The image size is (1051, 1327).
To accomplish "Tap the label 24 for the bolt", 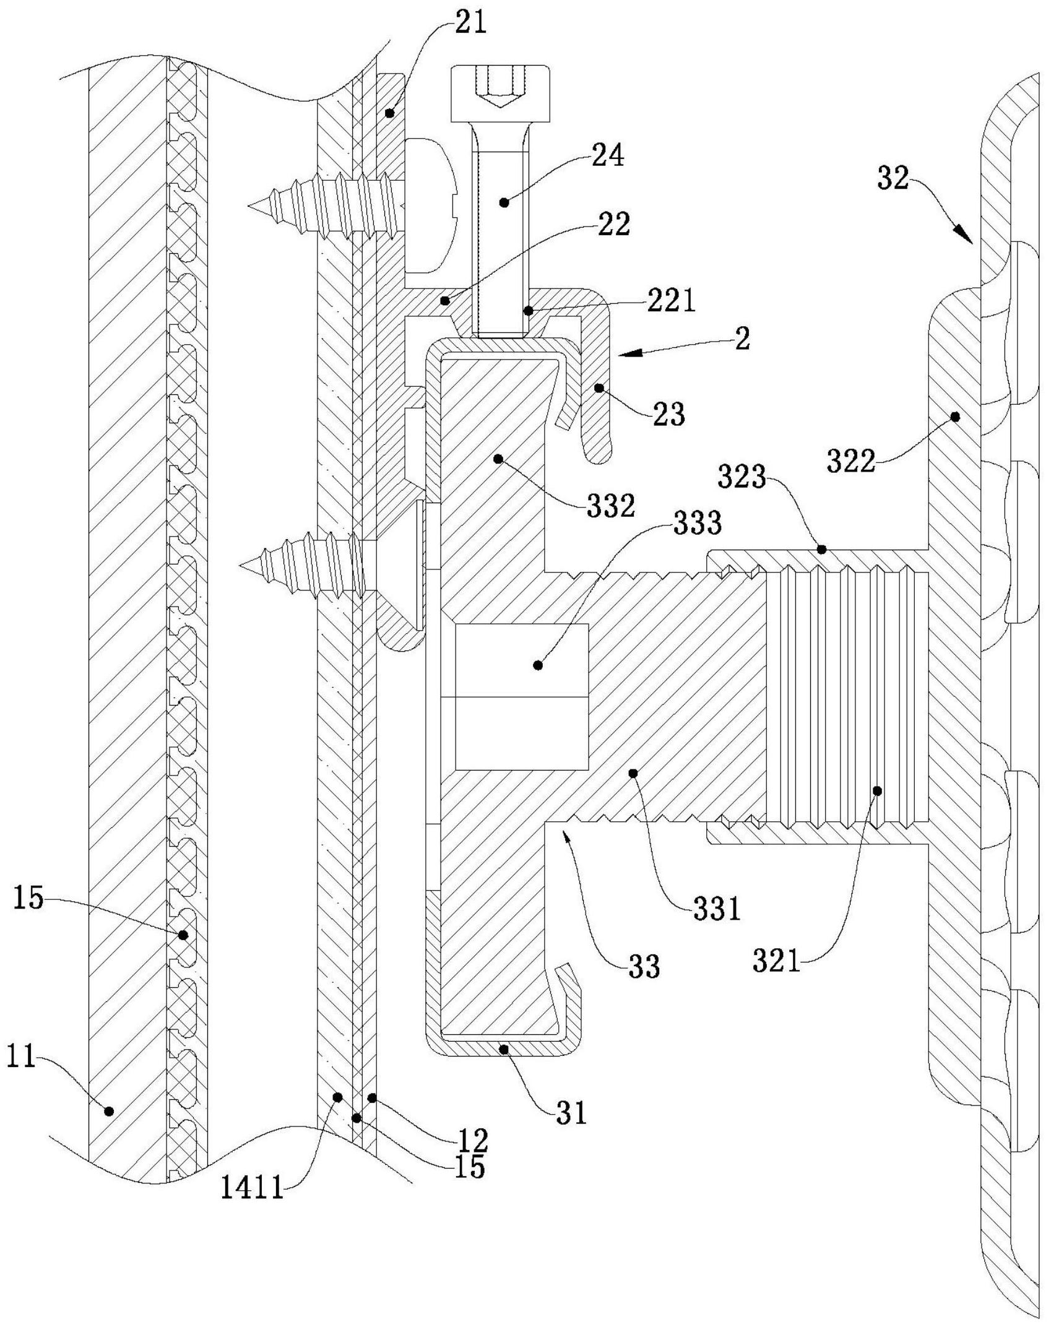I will tap(607, 156).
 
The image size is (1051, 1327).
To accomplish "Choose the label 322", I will tap(851, 462).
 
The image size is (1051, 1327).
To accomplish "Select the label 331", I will tap(717, 910).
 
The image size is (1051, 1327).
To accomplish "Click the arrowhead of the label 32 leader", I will tap(968, 237).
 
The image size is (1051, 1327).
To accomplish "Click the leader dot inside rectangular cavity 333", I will tap(538, 665).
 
